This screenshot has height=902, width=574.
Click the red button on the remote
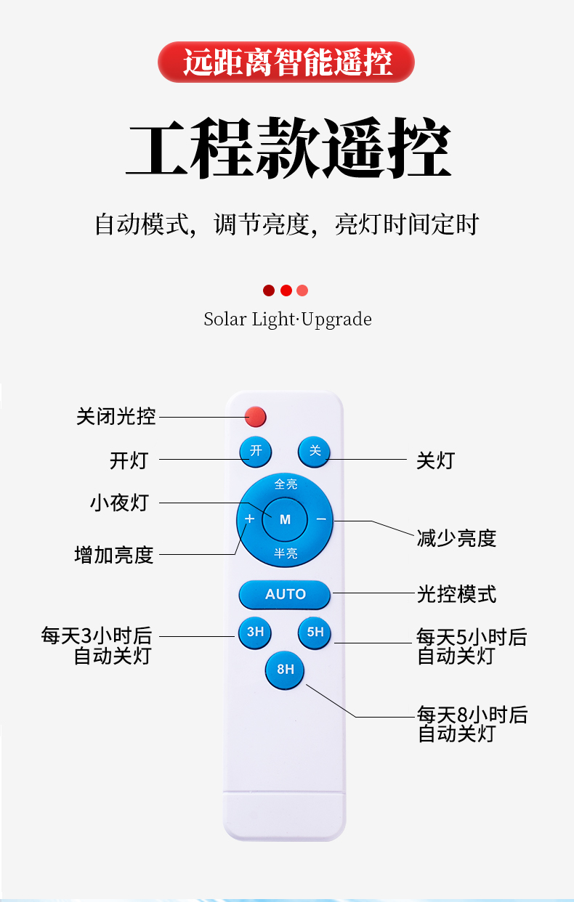click(255, 417)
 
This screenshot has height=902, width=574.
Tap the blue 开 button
click(256, 451)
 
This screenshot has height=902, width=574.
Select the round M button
click(285, 519)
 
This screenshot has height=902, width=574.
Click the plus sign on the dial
click(249, 519)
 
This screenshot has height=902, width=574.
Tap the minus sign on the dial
click(320, 519)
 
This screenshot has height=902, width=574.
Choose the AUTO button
click(285, 595)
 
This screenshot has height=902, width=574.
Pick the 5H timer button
click(315, 633)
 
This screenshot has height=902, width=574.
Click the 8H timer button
click(285, 669)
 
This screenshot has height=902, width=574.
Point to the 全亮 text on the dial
click(286, 484)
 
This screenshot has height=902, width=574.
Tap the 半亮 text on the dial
click(286, 553)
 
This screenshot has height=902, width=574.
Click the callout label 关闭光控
click(116, 417)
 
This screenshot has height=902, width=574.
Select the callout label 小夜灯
click(119, 503)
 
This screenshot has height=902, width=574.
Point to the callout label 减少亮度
click(456, 538)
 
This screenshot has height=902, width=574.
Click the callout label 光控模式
click(456, 594)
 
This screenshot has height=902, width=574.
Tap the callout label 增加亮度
click(114, 555)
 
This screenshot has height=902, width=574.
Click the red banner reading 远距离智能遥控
click(286, 62)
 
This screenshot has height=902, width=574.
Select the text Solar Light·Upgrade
click(288, 320)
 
